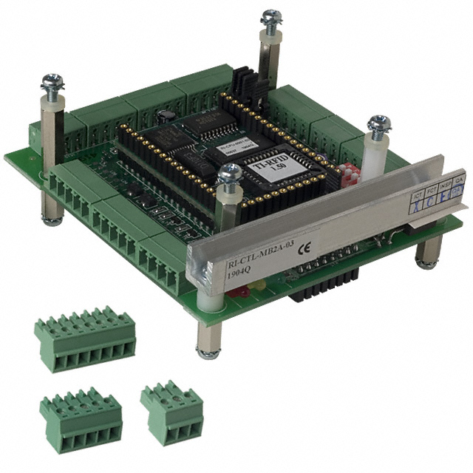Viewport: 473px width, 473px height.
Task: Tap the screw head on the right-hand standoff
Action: click(379, 126)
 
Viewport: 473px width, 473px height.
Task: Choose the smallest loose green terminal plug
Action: click(172, 412)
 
